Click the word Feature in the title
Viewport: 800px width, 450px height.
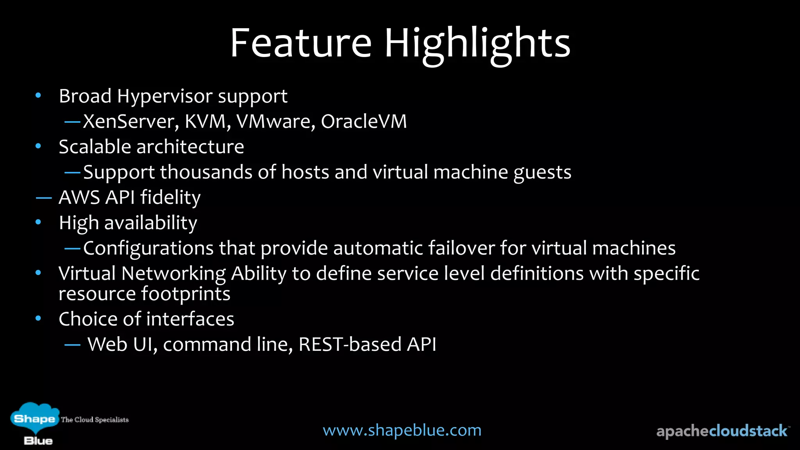pyautogui.click(x=300, y=43)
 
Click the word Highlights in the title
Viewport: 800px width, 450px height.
pyautogui.click(x=477, y=44)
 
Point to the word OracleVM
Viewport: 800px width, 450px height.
pyautogui.click(x=364, y=121)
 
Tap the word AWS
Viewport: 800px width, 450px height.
pyautogui.click(x=79, y=197)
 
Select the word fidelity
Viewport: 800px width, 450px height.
pyautogui.click(x=170, y=198)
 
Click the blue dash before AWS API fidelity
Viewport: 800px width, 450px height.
pyautogui.click(x=44, y=198)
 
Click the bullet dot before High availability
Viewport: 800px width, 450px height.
pyautogui.click(x=38, y=222)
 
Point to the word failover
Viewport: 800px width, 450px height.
pyautogui.click(x=461, y=248)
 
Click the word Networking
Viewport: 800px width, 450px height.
pyautogui.click(x=173, y=273)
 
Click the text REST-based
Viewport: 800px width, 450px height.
pyautogui.click(x=350, y=345)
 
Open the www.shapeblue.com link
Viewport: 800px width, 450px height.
pyautogui.click(x=402, y=430)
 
